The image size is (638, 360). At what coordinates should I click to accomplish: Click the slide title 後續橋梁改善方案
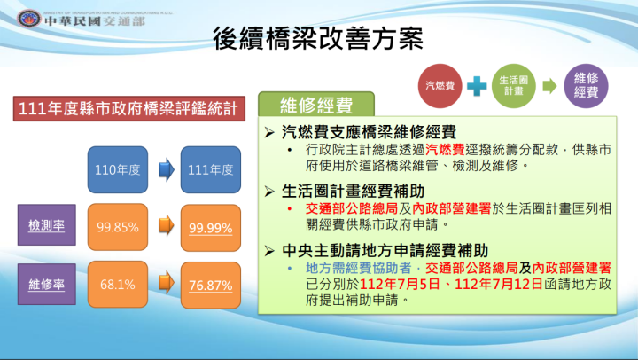318,39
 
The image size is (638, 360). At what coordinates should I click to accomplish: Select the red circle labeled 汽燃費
440,85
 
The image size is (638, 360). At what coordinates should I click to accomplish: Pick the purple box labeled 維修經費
586,85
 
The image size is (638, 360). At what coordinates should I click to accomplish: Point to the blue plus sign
477,86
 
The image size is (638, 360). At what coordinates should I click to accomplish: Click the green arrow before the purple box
549,86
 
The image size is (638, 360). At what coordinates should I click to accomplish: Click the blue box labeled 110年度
118,168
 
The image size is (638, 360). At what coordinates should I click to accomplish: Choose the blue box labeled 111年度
210,168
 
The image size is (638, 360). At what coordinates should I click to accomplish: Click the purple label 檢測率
43,225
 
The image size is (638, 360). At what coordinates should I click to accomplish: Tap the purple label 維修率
43,285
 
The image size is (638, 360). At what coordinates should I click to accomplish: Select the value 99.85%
118,228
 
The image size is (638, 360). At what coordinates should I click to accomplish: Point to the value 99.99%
210,228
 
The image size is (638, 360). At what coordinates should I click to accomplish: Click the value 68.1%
118,285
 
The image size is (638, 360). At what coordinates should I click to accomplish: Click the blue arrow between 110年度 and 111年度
164,168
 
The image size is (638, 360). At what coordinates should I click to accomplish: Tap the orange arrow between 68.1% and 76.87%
164,285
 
